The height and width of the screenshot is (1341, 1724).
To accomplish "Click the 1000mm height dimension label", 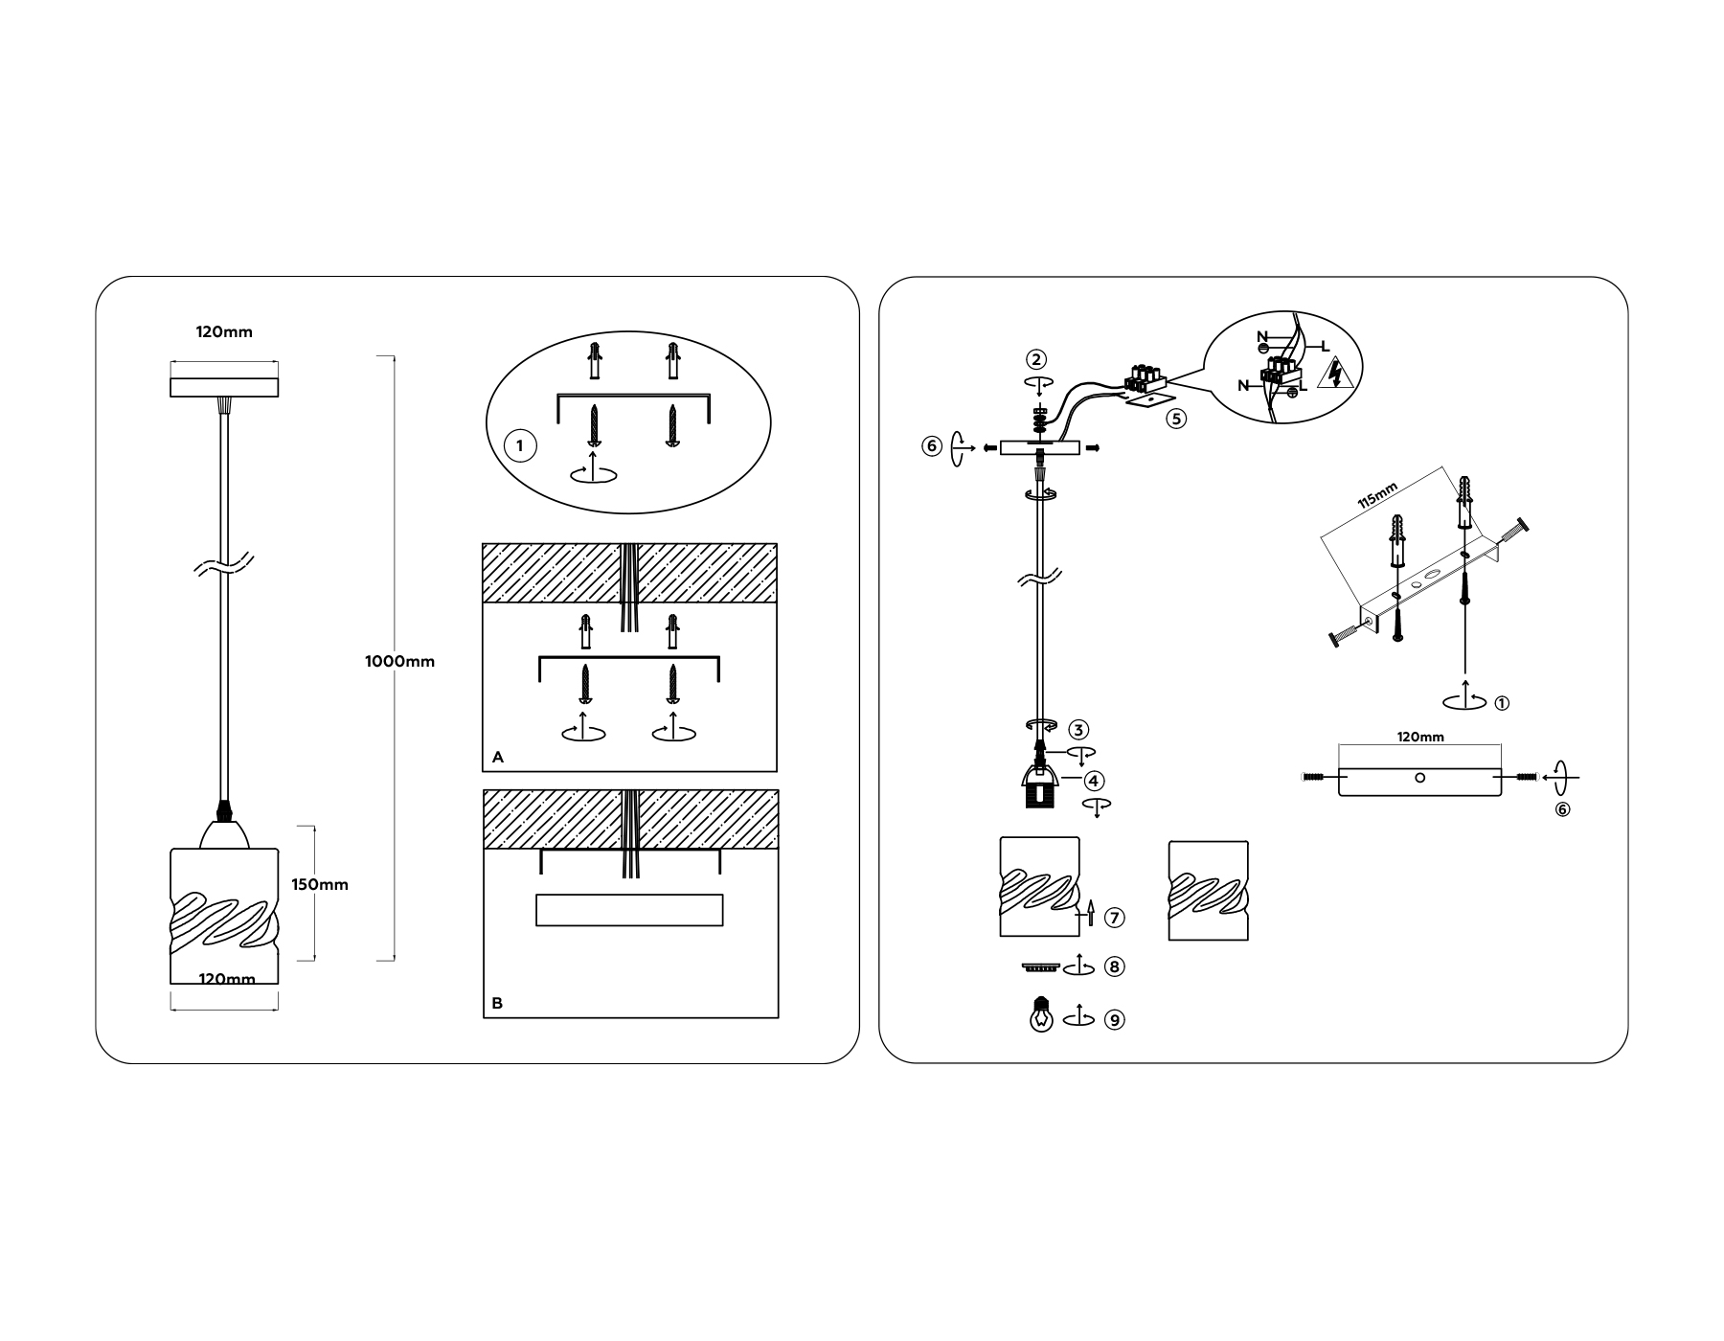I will [399, 661].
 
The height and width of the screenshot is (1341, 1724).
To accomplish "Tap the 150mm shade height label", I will [320, 884].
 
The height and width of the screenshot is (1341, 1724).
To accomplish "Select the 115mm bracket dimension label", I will [1377, 496].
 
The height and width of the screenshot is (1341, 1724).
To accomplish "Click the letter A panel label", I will [497, 757].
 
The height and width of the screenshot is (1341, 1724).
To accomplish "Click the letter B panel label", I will [497, 1003].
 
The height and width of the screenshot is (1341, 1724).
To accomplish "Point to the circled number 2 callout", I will [1036, 359].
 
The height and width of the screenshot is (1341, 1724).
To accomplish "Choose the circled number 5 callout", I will [1177, 419].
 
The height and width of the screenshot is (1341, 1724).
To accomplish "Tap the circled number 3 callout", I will [1079, 730].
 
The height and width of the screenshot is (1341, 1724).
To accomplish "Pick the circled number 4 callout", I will [1095, 781].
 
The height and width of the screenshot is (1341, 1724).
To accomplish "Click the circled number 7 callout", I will [1114, 917].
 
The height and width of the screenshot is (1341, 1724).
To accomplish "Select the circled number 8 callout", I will [1114, 966].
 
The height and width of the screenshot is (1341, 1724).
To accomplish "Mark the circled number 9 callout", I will [1114, 1020].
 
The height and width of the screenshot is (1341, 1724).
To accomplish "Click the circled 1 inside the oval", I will [520, 445].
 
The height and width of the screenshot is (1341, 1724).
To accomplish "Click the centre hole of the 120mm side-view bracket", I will [1419, 777].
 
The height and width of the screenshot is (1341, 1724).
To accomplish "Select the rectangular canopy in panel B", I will [629, 910].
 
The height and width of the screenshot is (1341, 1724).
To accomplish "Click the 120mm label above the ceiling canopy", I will [224, 332].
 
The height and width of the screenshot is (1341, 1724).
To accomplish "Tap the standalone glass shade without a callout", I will [1209, 891].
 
